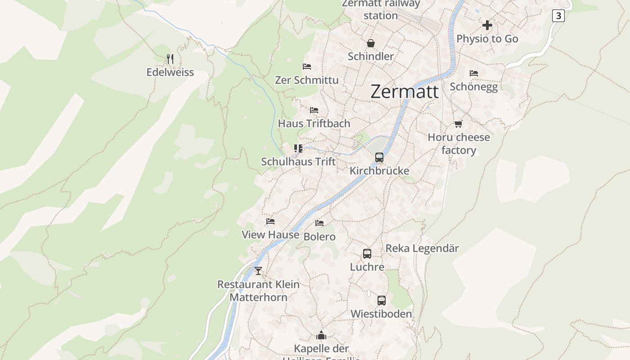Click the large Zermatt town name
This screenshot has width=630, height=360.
point(404,92)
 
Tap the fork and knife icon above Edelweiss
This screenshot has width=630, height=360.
point(170,59)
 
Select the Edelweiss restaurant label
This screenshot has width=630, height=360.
point(170,72)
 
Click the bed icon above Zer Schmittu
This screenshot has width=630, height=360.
point(307,67)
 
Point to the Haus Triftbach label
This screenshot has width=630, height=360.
point(314,123)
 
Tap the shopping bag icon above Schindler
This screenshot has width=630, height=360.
point(371,43)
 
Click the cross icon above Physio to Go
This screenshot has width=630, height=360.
point(487,25)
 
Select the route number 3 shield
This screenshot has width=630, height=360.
point(558,16)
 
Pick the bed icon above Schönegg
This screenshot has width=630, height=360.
point(474,73)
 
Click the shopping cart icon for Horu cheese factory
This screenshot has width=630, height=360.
point(458,124)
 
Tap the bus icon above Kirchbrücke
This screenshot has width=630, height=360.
point(379,157)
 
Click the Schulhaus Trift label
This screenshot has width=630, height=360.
point(298,162)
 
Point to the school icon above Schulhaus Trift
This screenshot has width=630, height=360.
point(298,148)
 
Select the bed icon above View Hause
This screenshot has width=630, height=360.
point(270,221)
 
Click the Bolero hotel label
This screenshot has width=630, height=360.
point(319,237)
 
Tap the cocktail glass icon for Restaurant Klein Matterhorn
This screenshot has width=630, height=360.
point(258,271)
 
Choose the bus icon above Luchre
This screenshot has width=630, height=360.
point(367,254)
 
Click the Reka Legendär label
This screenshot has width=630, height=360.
point(422,248)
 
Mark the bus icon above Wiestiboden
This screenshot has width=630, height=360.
point(381,301)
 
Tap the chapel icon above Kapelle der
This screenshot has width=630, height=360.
point(321,335)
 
